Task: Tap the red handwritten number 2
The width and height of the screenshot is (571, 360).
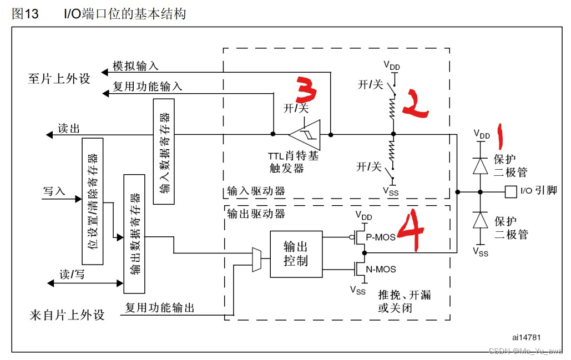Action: coord(415,103)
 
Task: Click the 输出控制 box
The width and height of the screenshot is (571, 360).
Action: coord(296,254)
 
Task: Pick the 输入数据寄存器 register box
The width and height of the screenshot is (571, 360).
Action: coord(164,151)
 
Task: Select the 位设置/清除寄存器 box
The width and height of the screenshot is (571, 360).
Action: coord(92,201)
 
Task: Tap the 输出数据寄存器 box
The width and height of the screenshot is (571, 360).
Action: coord(134,234)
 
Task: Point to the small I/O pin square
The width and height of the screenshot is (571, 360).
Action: coord(511,192)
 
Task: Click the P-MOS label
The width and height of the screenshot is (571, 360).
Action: coord(381,237)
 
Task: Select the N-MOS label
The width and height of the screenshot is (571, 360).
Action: coord(381,269)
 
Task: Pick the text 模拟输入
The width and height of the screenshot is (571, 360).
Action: coord(135,66)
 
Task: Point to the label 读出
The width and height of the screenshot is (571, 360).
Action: coord(69,129)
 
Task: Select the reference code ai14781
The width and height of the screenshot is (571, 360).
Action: coord(526,337)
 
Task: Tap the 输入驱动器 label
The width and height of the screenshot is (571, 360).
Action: coord(256,191)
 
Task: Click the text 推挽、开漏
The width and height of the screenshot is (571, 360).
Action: coord(404,295)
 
